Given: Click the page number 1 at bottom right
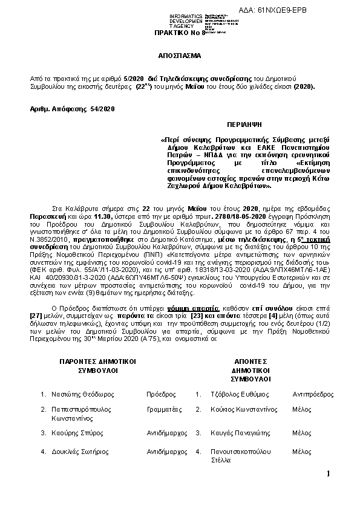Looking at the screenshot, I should [x=328, y=473].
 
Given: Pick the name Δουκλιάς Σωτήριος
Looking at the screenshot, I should [x=81, y=451].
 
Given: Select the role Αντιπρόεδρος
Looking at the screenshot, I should [x=313, y=394].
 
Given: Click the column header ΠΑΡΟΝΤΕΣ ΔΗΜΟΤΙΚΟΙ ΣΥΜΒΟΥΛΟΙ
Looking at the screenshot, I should [x=97, y=365].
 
